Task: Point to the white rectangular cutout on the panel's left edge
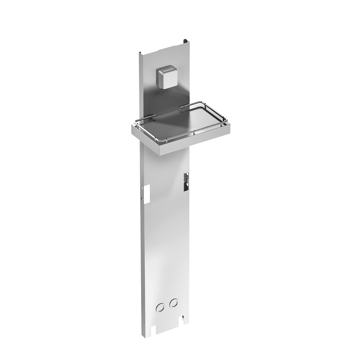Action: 148,194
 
